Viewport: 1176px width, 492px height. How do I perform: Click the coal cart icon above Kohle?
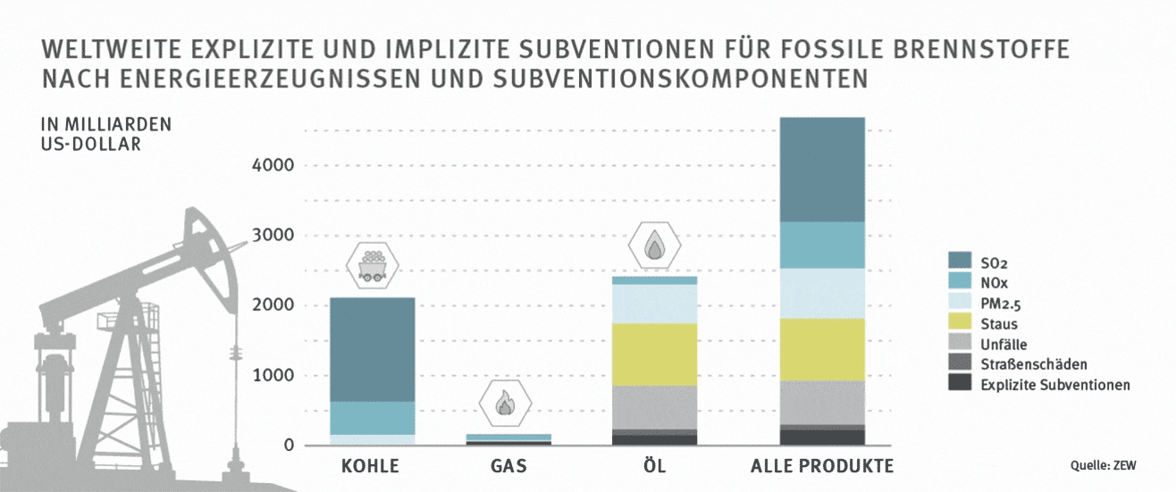[x=371, y=265]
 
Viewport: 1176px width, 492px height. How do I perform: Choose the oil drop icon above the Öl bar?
[x=655, y=245]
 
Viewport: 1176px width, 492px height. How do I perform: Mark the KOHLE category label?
[x=370, y=467]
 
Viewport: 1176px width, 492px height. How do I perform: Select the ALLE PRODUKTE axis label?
[x=822, y=467]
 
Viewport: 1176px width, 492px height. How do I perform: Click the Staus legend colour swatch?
[x=959, y=324]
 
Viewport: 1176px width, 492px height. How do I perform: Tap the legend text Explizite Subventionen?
[x=1054, y=385]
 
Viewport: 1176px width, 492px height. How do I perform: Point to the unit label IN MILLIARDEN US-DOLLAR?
[x=94, y=133]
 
